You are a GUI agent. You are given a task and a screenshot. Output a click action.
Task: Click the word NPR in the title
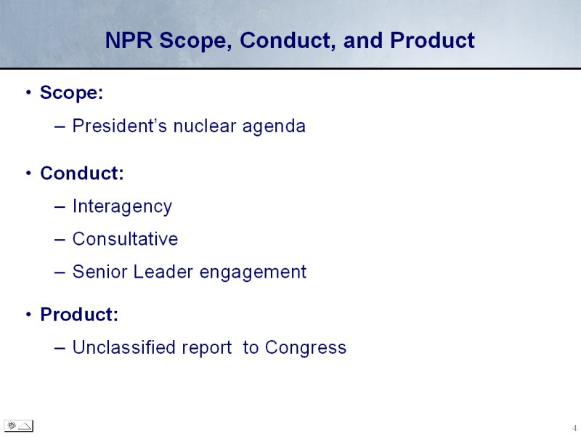point(129,40)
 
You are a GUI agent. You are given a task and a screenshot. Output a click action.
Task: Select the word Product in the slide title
point(432,40)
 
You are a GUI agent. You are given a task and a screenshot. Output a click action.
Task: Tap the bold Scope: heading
point(71,93)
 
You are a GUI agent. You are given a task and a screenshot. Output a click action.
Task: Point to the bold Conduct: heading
point(82,173)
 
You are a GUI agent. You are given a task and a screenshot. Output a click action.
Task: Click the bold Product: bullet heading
point(79,315)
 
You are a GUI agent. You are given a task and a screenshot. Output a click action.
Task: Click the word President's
point(120,125)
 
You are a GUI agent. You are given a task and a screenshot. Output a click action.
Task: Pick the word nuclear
point(205,125)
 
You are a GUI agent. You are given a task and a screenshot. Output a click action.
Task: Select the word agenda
point(274,126)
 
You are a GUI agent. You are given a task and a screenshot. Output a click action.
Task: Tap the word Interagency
point(122,206)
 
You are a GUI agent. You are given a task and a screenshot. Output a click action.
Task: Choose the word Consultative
point(125,239)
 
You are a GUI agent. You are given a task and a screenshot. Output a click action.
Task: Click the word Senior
point(99,271)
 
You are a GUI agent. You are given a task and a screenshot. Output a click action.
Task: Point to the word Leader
point(163,271)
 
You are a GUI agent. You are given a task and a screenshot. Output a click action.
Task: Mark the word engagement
point(253,272)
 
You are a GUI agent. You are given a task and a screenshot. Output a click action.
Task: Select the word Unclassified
point(124,347)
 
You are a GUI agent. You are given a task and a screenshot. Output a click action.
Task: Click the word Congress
point(306,348)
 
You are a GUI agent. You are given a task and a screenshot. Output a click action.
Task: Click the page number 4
point(574,428)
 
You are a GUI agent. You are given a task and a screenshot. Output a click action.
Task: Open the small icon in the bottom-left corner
point(19,426)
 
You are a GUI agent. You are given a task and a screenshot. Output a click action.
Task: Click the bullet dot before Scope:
point(28,92)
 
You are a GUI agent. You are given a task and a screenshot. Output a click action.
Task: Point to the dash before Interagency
point(60,206)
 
